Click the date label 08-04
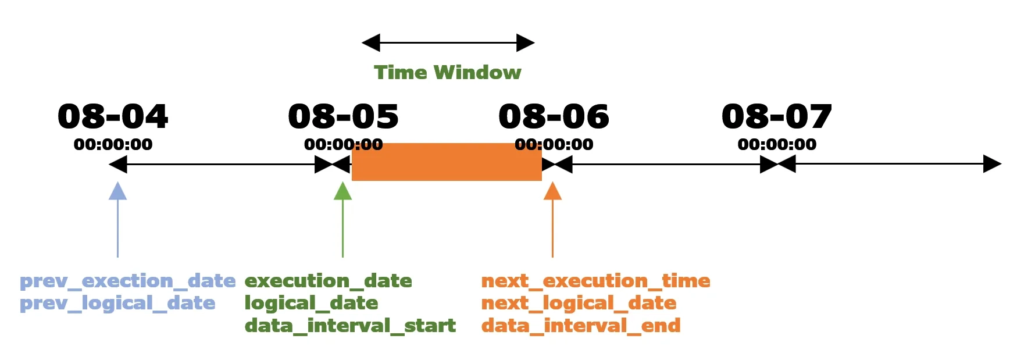113,116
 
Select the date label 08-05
343,116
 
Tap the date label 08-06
554,116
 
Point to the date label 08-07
777,116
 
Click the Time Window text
447,72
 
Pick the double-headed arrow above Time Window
448,42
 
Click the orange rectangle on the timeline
447,162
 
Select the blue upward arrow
117,219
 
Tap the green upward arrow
342,219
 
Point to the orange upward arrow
552,219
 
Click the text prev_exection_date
128,281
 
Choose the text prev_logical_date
117,304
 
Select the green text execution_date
328,281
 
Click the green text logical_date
311,304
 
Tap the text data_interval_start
350,326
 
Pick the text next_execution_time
595,281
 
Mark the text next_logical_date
579,304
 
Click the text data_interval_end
581,326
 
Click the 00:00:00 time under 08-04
113,144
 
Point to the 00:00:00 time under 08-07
777,144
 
